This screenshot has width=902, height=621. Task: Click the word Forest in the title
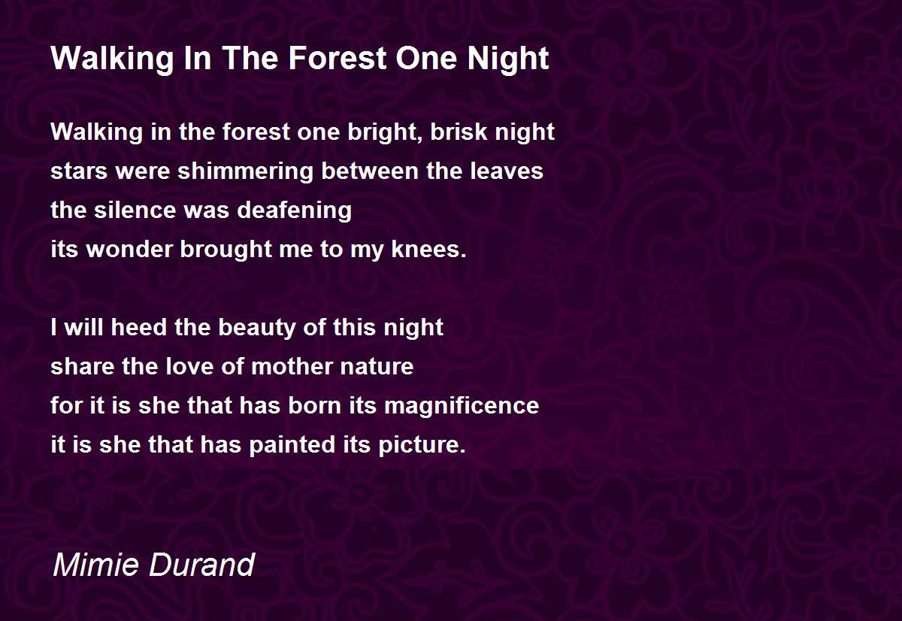337,58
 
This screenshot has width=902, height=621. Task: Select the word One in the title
426,58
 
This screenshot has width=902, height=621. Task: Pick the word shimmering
245,172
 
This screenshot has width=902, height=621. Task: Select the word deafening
295,211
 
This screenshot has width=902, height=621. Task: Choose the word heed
138,326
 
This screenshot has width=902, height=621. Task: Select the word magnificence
462,406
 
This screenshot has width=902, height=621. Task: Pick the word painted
292,445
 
